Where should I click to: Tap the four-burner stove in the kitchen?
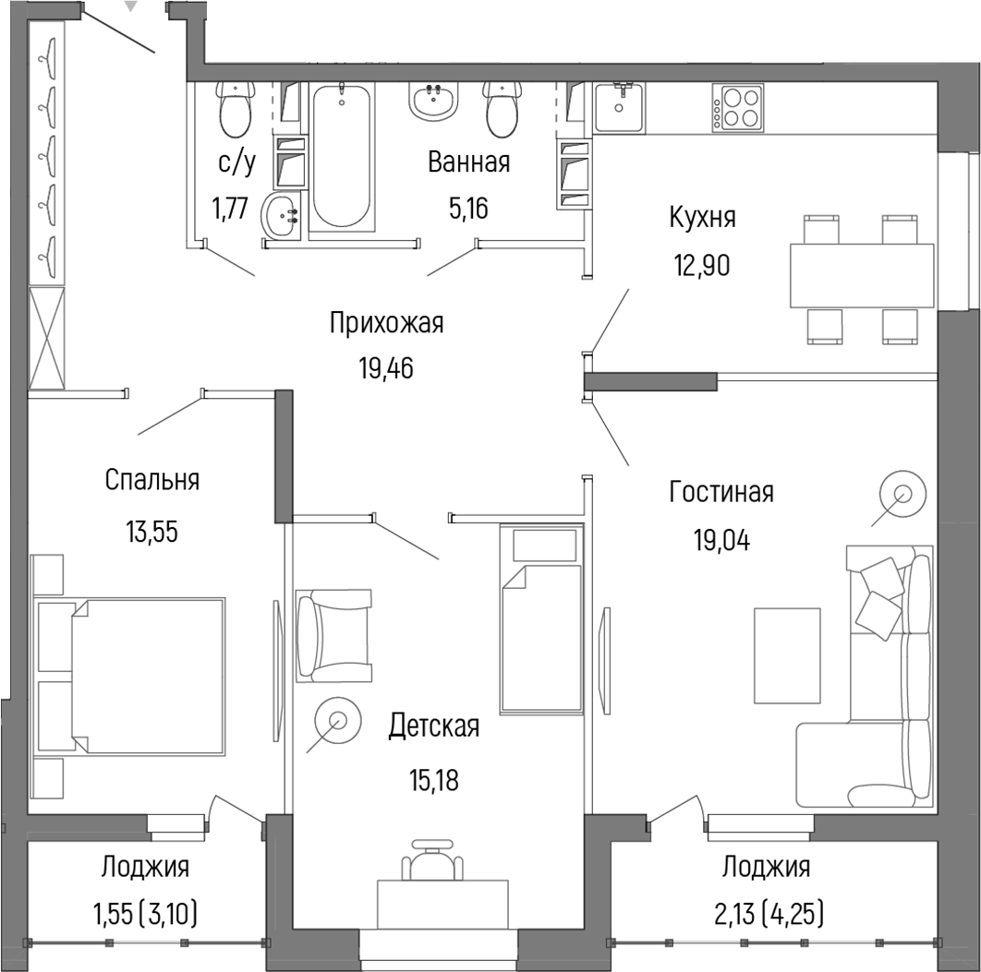(x=738, y=106)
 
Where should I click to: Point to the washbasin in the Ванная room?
(x=432, y=101)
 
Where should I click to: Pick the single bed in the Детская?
(x=541, y=619)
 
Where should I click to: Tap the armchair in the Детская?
(x=333, y=635)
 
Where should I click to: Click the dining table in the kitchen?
(x=862, y=275)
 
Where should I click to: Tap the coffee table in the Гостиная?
(x=787, y=655)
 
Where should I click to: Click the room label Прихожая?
(x=386, y=323)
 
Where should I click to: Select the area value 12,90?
(x=702, y=265)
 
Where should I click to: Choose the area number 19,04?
(x=721, y=539)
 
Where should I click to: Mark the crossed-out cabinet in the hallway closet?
(x=48, y=338)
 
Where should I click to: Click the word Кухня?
(x=702, y=218)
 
